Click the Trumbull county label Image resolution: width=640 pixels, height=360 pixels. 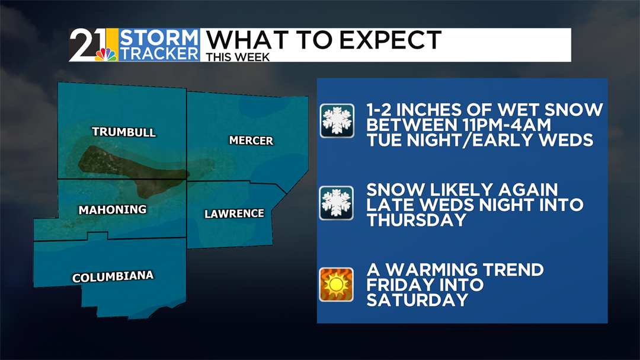pyautogui.click(x=124, y=132)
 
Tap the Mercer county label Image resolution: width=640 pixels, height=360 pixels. pyautogui.click(x=251, y=141)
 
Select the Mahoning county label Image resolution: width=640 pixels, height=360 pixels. pyautogui.click(x=113, y=209)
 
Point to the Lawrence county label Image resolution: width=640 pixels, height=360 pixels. pyautogui.click(x=234, y=214)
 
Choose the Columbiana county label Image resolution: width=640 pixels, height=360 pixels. pyautogui.click(x=113, y=276)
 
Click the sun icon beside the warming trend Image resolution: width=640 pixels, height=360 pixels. pyautogui.click(x=337, y=284)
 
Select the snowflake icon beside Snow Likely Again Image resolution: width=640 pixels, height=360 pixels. pyautogui.click(x=337, y=203)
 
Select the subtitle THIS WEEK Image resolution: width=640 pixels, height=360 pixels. pyautogui.click(x=238, y=57)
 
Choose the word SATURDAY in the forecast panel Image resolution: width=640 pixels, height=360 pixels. pyautogui.click(x=418, y=300)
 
